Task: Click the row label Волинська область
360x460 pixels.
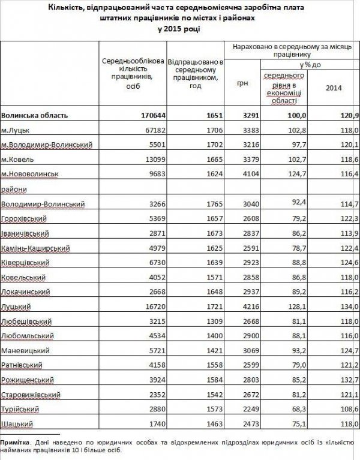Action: (35, 115)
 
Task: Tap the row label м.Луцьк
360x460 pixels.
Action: (16, 130)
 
